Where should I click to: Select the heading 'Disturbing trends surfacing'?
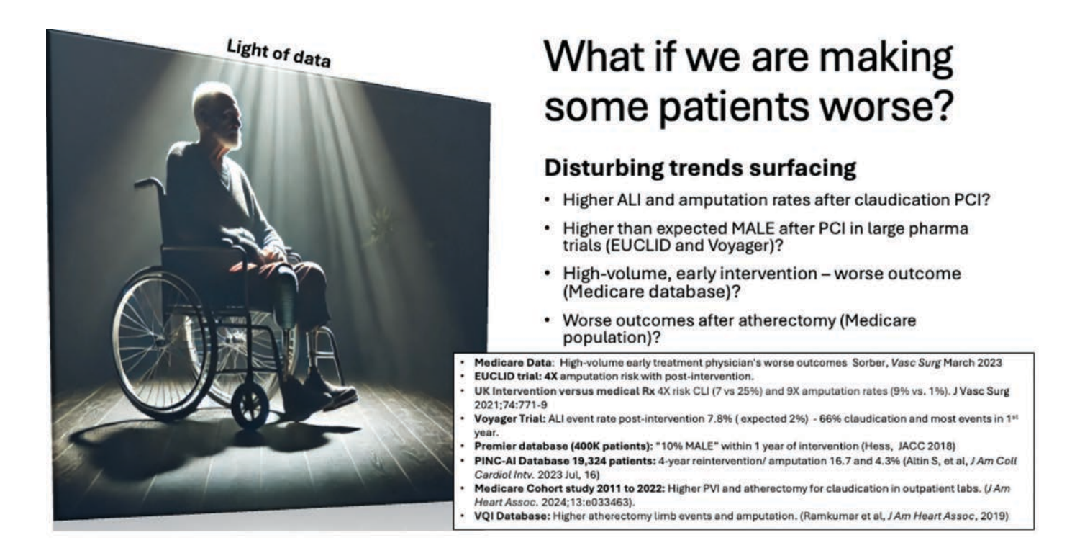coord(700,169)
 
